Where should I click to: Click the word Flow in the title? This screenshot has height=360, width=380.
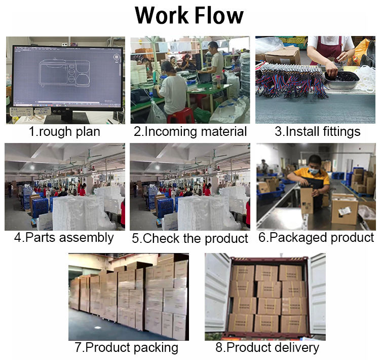[217, 16]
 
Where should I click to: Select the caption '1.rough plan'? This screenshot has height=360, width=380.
[64, 132]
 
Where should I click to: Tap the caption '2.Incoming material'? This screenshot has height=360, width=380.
[190, 132]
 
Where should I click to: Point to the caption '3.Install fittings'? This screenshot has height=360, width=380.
[317, 132]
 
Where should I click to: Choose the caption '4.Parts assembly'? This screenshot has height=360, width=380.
[64, 237]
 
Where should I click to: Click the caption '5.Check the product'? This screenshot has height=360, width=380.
[190, 238]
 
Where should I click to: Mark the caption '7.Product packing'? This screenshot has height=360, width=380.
[127, 348]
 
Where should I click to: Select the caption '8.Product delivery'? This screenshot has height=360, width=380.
[267, 348]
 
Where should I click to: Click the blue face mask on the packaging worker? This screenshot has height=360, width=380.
[312, 171]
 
